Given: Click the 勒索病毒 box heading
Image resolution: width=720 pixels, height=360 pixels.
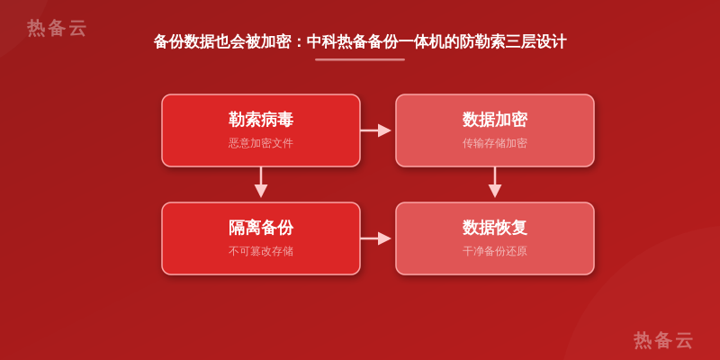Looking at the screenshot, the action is click(x=261, y=120).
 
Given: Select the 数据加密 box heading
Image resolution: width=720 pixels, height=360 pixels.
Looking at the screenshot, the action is click(x=494, y=120).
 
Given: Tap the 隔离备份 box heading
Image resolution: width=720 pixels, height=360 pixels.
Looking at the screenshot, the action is click(x=261, y=228).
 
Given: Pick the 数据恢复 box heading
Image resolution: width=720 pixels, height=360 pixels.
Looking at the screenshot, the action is click(x=494, y=228).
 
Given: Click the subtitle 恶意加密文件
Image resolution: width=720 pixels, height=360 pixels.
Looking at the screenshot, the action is click(x=261, y=143).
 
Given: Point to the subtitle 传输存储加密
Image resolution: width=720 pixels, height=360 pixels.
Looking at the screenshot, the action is click(x=494, y=143).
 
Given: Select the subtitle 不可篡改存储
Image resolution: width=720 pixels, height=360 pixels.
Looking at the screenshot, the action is click(x=261, y=251).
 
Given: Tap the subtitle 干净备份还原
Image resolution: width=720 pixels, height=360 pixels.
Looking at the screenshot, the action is click(x=494, y=251).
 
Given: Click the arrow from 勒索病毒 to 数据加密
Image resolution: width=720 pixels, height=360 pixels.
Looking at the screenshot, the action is click(x=375, y=130).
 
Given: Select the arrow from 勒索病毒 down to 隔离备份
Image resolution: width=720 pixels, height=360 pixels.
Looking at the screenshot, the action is click(x=261, y=183).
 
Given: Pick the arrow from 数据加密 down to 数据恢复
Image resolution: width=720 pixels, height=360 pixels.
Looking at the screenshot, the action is click(x=494, y=183).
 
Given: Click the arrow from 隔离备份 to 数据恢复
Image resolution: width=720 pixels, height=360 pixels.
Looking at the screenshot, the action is click(x=375, y=238).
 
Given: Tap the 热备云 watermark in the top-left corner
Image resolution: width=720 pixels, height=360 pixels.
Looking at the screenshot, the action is click(x=57, y=28).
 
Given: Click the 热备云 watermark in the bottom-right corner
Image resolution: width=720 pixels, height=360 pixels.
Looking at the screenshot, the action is click(x=663, y=340).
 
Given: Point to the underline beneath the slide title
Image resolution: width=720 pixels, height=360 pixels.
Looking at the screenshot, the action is click(x=360, y=59).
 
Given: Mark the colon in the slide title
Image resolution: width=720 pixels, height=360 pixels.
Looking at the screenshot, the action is click(x=299, y=42).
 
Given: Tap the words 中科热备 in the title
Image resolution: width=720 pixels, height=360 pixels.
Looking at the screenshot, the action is click(x=337, y=41).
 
